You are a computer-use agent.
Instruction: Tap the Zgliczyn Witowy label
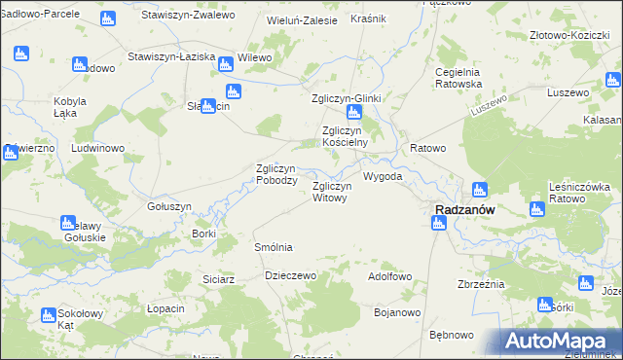[x=329, y=192]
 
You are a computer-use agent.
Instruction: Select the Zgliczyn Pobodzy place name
[x=275, y=174]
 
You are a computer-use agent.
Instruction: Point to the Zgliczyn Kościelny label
[x=345, y=135]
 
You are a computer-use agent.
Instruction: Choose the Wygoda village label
[x=383, y=177]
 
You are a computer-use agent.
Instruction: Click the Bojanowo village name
[x=396, y=312]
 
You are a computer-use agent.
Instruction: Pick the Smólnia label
[x=273, y=247]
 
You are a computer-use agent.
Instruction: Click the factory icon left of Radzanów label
[x=438, y=224]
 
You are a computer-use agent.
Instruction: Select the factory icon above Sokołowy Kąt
[x=49, y=314]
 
